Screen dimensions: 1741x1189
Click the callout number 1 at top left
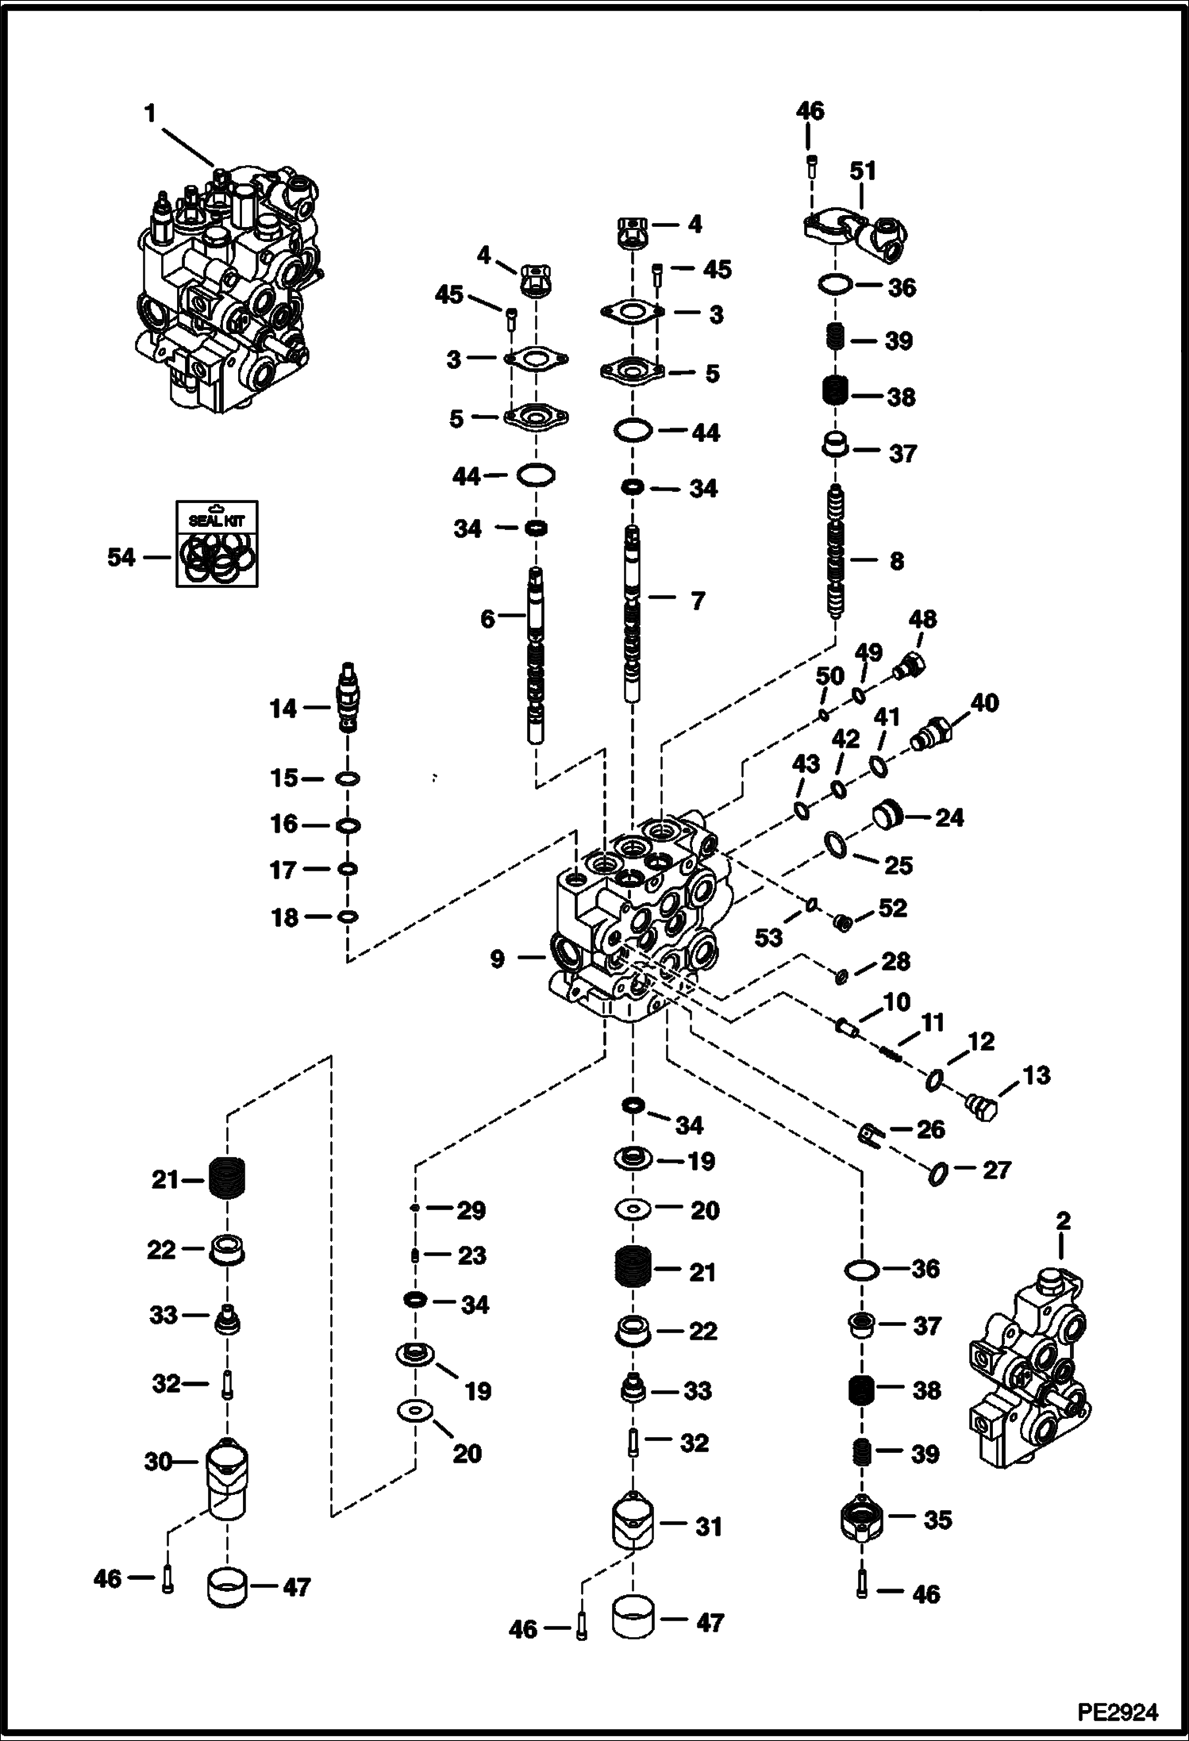150,114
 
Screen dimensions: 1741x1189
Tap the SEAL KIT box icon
217,544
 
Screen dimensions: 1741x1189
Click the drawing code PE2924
1117,1712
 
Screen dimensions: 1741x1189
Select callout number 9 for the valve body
497,959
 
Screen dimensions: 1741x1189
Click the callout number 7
697,601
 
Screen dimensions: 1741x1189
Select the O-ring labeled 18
348,917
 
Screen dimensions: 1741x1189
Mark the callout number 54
121,558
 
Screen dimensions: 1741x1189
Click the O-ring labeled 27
937,1172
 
